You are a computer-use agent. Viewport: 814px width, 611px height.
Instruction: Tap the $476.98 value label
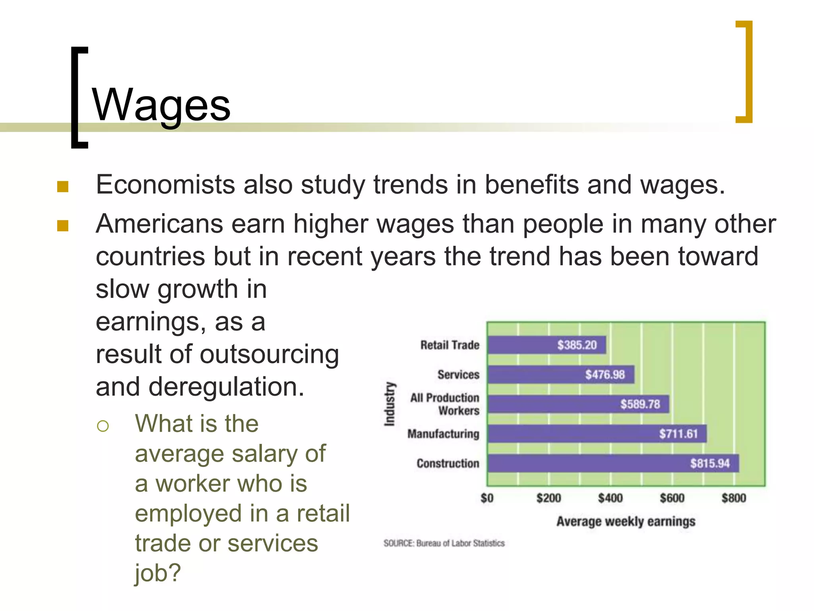tap(605, 374)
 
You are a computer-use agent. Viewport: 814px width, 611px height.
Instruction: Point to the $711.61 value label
tap(678, 434)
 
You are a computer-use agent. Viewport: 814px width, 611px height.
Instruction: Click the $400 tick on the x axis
tap(610, 498)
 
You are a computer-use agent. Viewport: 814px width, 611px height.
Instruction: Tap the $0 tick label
tap(487, 498)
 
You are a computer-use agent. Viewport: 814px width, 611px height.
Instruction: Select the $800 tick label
tap(734, 498)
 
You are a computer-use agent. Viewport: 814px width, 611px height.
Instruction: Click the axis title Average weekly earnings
tap(626, 521)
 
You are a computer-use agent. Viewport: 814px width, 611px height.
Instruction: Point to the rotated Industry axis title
tap(390, 404)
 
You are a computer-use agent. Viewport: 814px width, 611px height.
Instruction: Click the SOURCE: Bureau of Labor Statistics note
tap(444, 543)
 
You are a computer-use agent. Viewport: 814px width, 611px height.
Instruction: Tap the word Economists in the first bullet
tap(165, 185)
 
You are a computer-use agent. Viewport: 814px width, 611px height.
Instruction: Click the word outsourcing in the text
tap(269, 354)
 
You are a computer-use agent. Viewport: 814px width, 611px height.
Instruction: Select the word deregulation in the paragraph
tap(226, 387)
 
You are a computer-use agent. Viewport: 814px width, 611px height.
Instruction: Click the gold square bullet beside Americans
tap(63, 226)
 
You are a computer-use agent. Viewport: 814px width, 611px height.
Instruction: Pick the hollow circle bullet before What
tap(103, 426)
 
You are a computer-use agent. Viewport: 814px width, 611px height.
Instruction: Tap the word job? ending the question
tap(158, 573)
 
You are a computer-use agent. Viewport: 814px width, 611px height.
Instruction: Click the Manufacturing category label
tap(443, 434)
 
